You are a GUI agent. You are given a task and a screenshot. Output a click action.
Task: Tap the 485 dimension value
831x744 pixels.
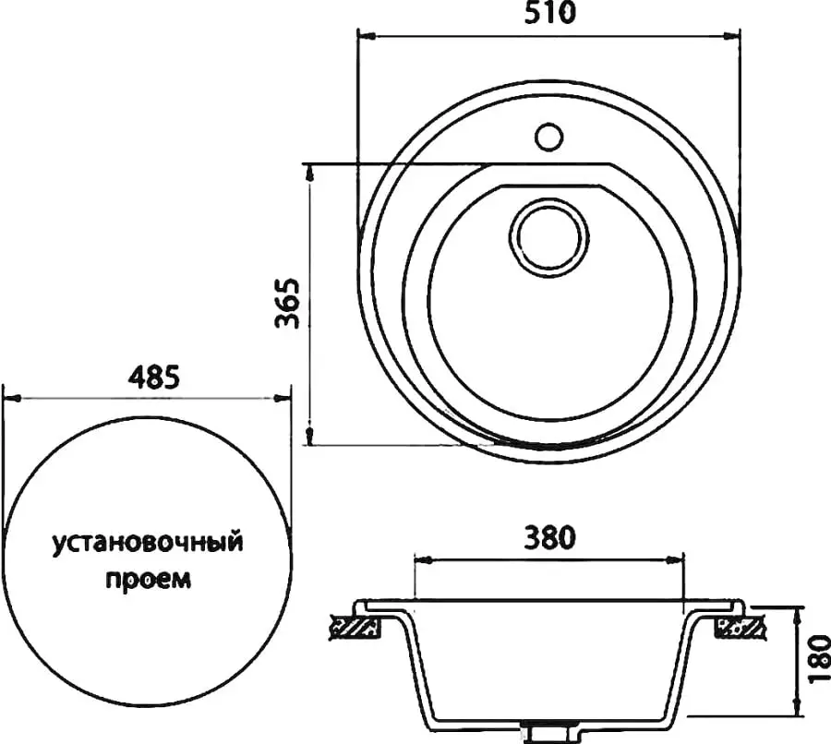click(x=148, y=377)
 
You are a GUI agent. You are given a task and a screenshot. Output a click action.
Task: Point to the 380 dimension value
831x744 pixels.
click(x=550, y=536)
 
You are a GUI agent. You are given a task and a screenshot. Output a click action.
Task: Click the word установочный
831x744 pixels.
click(x=147, y=542)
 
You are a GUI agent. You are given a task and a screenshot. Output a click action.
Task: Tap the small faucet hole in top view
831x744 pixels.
click(x=548, y=137)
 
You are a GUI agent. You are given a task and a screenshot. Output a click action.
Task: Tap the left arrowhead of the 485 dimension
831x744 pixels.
click(x=9, y=399)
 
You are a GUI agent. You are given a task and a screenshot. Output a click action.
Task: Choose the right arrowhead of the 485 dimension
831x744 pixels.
click(x=284, y=399)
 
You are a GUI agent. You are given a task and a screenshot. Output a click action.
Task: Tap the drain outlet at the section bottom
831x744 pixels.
click(x=550, y=734)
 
